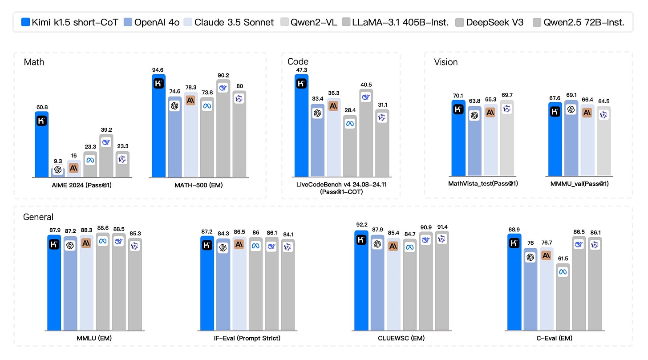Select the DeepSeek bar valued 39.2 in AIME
[x=106, y=156]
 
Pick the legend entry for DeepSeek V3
[x=488, y=22]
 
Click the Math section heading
[x=34, y=62]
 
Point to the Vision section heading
[x=446, y=62]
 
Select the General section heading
[x=38, y=217]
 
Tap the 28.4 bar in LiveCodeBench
[x=350, y=151]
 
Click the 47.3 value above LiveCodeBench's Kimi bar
[x=301, y=70]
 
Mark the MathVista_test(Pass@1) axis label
[x=483, y=183]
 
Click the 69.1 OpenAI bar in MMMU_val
[x=571, y=138]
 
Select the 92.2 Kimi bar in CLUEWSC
[x=361, y=280]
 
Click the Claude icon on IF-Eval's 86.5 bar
[x=239, y=244]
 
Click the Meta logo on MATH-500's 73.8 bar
[x=207, y=106]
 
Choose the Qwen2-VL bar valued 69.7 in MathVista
[x=506, y=138]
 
